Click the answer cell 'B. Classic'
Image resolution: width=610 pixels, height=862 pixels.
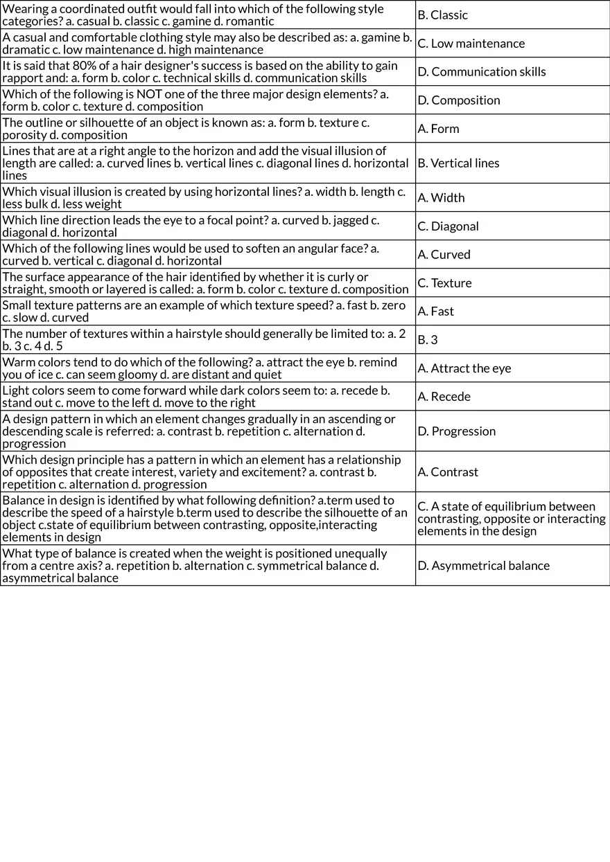coord(442,15)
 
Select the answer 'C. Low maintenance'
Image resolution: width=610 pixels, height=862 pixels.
coord(471,44)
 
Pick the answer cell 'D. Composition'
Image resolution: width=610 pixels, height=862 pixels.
coord(458,100)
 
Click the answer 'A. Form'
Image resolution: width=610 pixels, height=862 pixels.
coord(438,129)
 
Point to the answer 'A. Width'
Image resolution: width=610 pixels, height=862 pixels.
coord(441,198)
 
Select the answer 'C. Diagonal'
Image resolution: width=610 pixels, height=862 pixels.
coord(448,226)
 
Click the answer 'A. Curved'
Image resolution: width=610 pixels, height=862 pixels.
coord(444,255)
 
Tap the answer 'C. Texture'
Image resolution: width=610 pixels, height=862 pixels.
coord(444,283)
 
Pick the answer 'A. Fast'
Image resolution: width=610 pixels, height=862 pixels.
coord(435,312)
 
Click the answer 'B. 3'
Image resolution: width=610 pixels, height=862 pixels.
coord(428,340)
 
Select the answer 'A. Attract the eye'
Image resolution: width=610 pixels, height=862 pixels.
coord(464,368)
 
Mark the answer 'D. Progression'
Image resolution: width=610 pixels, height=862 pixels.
coord(456,431)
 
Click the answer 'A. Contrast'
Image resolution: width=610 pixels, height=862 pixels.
coord(447,472)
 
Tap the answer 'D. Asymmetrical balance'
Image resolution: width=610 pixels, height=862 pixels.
coord(483,566)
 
